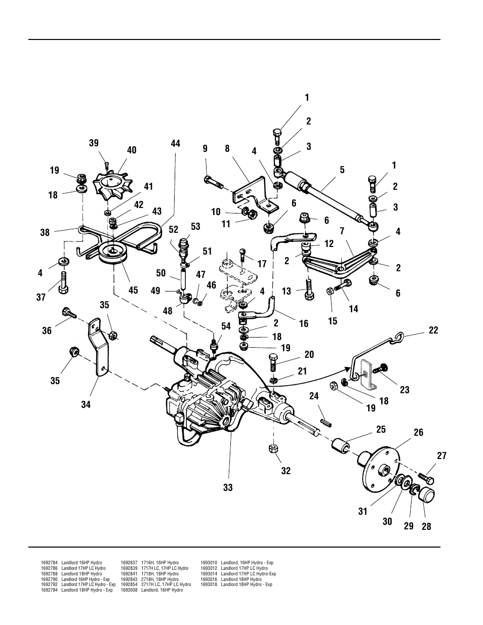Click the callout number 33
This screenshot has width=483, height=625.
click(228, 487)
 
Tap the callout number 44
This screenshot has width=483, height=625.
click(175, 144)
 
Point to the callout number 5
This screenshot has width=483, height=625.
click(342, 170)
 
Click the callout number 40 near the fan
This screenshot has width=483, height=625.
click(132, 150)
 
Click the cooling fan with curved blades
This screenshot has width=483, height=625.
click(114, 184)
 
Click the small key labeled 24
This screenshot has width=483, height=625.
click(325, 420)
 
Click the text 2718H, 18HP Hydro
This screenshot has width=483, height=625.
click(159, 579)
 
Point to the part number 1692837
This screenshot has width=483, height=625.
click(129, 563)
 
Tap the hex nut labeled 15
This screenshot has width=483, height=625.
click(329, 290)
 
